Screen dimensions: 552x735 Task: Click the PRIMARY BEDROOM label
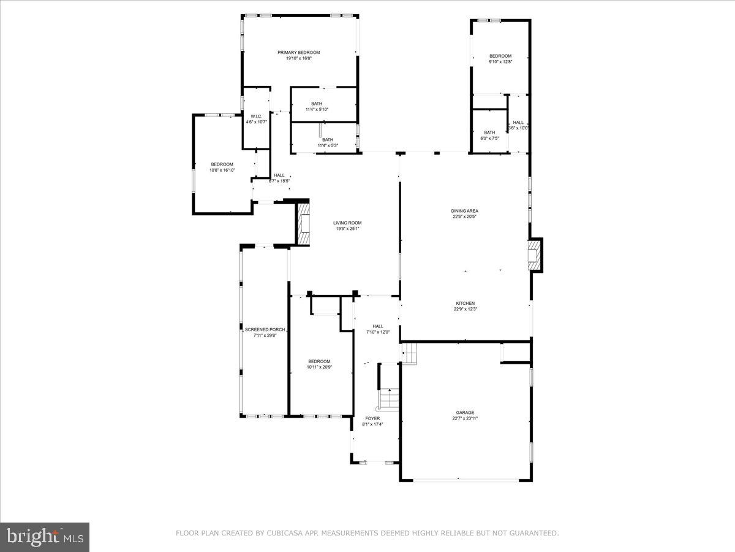pyautogui.click(x=298, y=53)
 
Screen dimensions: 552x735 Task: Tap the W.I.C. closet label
pyautogui.click(x=256, y=117)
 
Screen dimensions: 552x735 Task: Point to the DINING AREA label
pyautogui.click(x=465, y=211)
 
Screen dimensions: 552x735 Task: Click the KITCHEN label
pyautogui.click(x=465, y=304)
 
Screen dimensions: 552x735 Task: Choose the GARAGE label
pyautogui.click(x=465, y=413)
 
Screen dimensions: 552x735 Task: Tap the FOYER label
pyautogui.click(x=372, y=419)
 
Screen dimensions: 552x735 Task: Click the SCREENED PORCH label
pyautogui.click(x=265, y=330)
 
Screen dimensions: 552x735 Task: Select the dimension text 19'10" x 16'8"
pyautogui.click(x=298, y=59)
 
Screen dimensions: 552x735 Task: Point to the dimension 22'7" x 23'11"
pyautogui.click(x=465, y=419)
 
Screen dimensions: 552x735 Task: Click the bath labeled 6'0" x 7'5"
pyautogui.click(x=489, y=136)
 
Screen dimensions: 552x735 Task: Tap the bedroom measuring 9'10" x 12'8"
pyautogui.click(x=500, y=59)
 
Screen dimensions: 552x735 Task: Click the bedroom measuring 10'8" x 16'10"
pyautogui.click(x=222, y=167)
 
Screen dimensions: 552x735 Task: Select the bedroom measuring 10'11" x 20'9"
pyautogui.click(x=319, y=364)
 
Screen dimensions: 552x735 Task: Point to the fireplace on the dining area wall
pyautogui.click(x=535, y=254)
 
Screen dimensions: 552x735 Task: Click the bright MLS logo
pyautogui.click(x=45, y=537)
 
